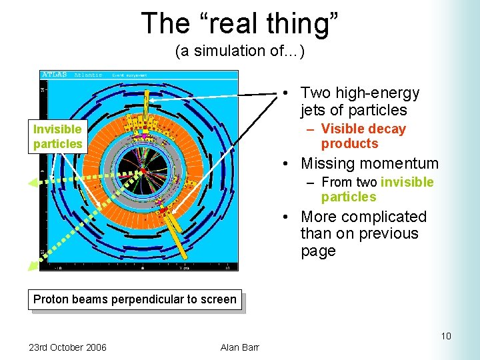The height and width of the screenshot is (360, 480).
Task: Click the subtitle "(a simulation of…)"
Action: pos(239,51)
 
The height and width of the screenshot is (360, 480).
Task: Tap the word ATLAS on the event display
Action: pos(55,75)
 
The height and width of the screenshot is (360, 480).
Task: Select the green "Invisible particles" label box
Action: pos(57,137)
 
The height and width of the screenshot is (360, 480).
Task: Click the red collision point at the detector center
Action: pos(143,171)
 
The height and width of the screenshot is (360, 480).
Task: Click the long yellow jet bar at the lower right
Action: pos(177,230)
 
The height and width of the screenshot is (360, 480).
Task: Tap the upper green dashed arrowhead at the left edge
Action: pos(33,182)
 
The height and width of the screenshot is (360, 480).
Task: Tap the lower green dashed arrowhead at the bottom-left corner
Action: pos(33,266)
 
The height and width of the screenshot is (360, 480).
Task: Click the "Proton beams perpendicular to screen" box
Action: pos(135,299)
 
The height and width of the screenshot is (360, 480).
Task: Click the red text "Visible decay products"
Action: pos(363,137)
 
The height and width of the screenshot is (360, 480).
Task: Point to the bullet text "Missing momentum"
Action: pos(369,163)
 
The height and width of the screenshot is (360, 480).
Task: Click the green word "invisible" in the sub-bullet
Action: pos(407,183)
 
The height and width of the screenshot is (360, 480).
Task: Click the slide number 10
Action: pos(445,336)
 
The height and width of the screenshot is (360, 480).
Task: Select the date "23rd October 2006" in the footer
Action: pos(67,347)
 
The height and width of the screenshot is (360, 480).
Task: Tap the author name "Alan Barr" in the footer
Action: pos(239,347)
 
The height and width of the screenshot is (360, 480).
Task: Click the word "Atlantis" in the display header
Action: pos(87,75)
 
